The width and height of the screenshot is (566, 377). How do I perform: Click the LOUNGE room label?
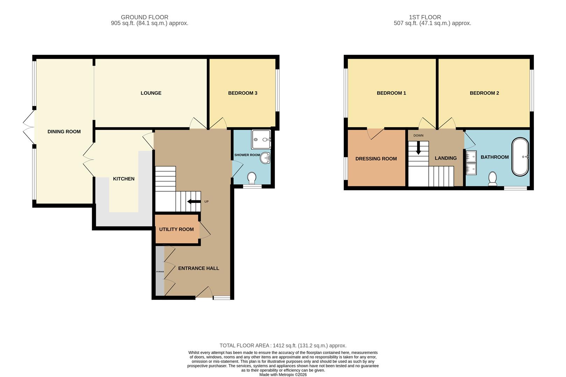[x=151, y=93]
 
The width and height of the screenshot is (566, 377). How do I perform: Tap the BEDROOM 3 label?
[x=243, y=93]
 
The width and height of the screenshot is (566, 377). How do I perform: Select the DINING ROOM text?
[x=64, y=132]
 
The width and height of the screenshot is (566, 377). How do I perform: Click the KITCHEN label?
[x=124, y=179]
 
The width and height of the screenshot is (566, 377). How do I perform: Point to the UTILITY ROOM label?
[x=176, y=229]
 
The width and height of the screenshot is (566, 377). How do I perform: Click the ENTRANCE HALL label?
[x=199, y=268]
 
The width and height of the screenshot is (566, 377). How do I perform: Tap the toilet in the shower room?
[x=252, y=178]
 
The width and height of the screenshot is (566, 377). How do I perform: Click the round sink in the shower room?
[x=266, y=158]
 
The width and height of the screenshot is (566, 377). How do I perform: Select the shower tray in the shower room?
[x=261, y=139]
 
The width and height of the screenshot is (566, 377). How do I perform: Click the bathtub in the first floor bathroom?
[x=521, y=157]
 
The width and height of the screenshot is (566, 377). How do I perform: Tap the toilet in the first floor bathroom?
[x=493, y=179]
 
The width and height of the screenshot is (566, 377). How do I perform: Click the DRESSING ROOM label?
[x=376, y=158]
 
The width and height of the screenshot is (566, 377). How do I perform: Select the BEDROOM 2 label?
[x=484, y=93]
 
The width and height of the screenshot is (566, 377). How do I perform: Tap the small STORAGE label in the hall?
[x=160, y=272]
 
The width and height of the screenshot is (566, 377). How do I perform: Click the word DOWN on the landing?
[x=418, y=135]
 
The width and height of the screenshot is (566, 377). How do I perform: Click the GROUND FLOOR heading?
[x=144, y=17]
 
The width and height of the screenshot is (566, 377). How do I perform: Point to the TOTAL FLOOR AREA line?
[x=283, y=346]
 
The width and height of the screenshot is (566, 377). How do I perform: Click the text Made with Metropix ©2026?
[x=283, y=375]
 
